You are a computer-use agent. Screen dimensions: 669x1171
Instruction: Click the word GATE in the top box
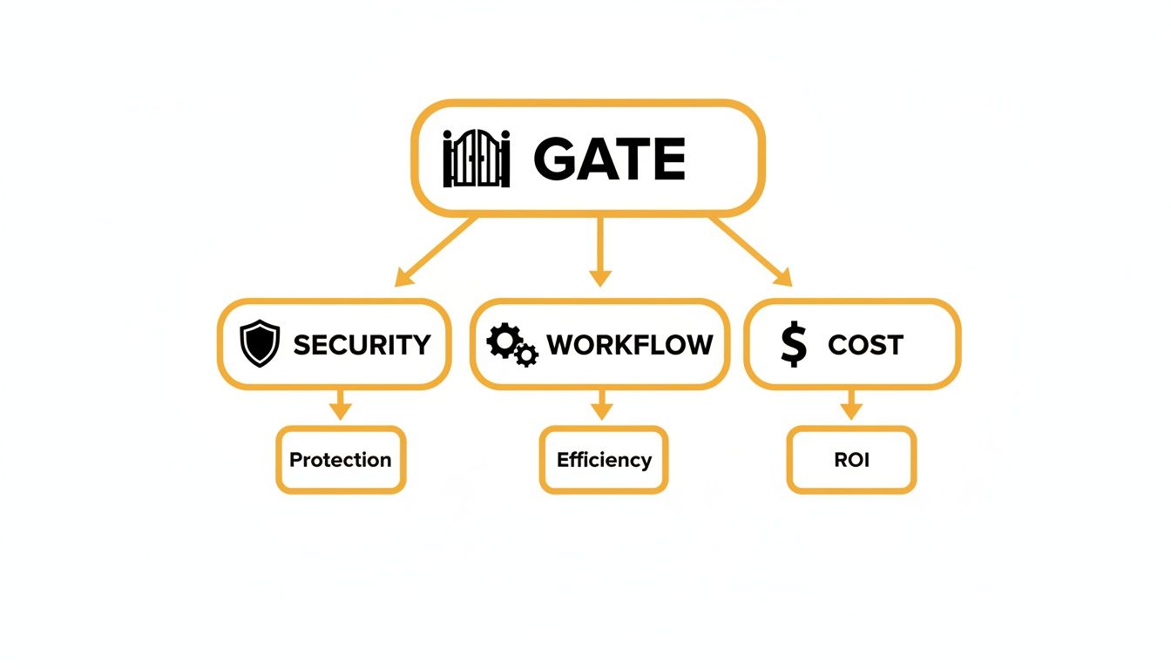(609, 159)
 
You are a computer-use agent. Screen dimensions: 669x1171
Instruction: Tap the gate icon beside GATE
(476, 159)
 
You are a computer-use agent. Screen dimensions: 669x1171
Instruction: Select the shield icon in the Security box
(260, 343)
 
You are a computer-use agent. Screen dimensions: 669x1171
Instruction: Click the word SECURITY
(362, 345)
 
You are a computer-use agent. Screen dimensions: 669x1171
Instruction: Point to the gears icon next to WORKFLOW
(511, 344)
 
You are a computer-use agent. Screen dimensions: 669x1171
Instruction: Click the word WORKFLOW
(629, 345)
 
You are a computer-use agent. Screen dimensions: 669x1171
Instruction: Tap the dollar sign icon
(794, 344)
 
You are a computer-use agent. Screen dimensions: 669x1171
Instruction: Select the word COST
(865, 345)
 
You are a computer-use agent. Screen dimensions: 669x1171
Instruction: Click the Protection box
(341, 460)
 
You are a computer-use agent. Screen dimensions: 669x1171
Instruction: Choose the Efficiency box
(604, 460)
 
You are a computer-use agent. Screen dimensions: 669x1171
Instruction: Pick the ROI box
(851, 460)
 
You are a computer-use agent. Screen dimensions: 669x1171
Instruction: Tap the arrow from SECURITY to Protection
(341, 405)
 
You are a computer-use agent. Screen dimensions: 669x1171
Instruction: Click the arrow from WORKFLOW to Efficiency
(600, 405)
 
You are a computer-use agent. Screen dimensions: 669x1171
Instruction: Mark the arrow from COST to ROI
(851, 405)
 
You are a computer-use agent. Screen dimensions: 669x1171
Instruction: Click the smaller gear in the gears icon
(525, 355)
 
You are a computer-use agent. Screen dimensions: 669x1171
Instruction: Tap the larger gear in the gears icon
(503, 341)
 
